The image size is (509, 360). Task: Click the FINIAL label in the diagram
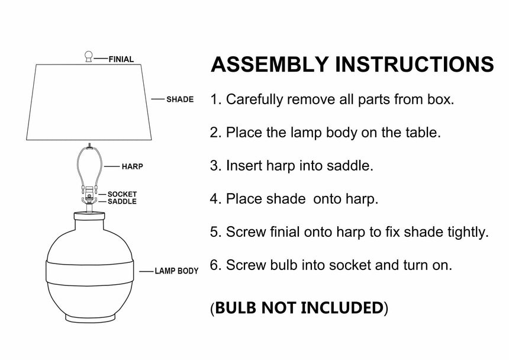pos(121,59)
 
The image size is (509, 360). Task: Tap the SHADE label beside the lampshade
pos(180,99)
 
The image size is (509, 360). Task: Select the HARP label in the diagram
pos(132,166)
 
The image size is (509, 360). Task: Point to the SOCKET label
pos(122,194)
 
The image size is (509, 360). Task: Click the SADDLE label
pos(122,201)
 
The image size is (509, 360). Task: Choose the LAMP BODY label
pos(176,271)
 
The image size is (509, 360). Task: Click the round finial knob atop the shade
pos(88,56)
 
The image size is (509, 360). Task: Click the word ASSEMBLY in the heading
pos(269,65)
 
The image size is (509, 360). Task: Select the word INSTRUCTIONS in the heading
pos(414,65)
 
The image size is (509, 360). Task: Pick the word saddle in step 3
pos(353,165)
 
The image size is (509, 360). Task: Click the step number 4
pos(214,199)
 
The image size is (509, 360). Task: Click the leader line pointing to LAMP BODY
pos(146,271)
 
